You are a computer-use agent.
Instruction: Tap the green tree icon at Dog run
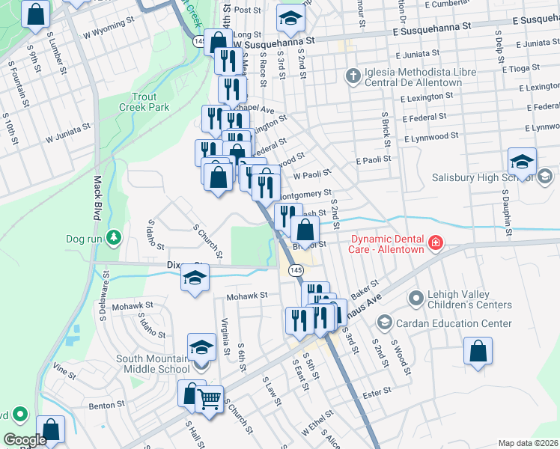pyautogui.click(x=113, y=239)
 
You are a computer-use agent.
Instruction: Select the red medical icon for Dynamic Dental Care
pyautogui.click(x=435, y=242)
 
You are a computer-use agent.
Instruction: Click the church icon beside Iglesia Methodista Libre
pyautogui.click(x=353, y=76)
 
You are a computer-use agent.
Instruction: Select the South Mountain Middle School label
pyautogui.click(x=153, y=364)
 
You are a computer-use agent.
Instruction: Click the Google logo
pyautogui.click(x=25, y=439)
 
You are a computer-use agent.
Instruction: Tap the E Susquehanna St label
pyautogui.click(x=432, y=26)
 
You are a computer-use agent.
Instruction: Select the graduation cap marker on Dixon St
pyautogui.click(x=195, y=278)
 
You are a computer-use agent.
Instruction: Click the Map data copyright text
pyautogui.click(x=528, y=443)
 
